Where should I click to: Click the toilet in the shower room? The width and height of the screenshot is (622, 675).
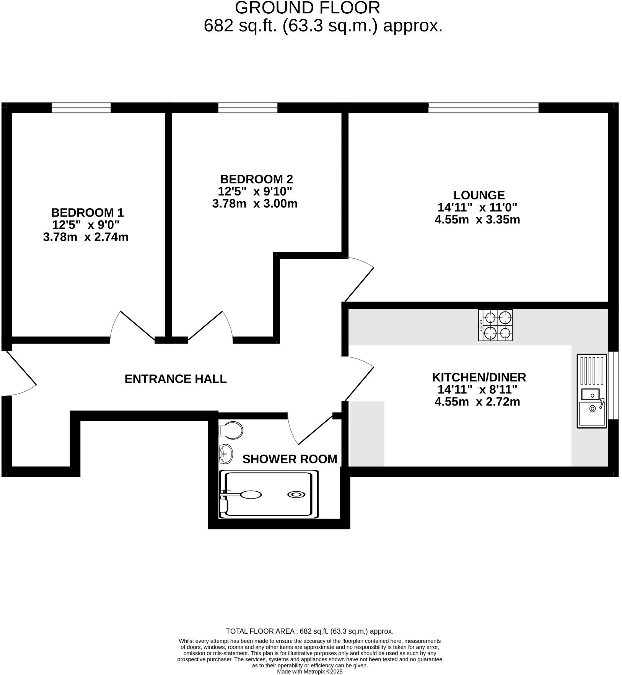[x=231, y=430]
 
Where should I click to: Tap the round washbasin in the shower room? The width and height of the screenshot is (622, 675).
[x=226, y=454]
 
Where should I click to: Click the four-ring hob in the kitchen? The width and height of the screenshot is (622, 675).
[x=495, y=325]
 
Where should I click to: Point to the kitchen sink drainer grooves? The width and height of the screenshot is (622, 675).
[x=592, y=370]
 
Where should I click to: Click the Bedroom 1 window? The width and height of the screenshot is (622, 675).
[x=81, y=108]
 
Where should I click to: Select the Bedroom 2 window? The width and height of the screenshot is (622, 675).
[x=247, y=108]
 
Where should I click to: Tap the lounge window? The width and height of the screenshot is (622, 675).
[x=483, y=108]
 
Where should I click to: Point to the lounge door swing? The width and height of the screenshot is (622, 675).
[x=360, y=279]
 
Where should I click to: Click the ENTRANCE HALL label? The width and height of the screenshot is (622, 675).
[x=176, y=379]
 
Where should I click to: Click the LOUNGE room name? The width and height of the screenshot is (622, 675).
[x=479, y=195]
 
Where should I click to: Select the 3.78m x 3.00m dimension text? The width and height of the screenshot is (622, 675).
[x=255, y=204]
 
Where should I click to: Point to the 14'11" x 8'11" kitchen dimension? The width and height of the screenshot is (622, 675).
[x=477, y=390]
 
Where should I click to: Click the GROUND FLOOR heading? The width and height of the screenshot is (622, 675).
[x=308, y=8]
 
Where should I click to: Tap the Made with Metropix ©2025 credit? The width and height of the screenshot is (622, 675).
[x=309, y=671]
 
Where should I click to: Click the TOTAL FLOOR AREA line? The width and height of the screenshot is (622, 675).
[x=309, y=631]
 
